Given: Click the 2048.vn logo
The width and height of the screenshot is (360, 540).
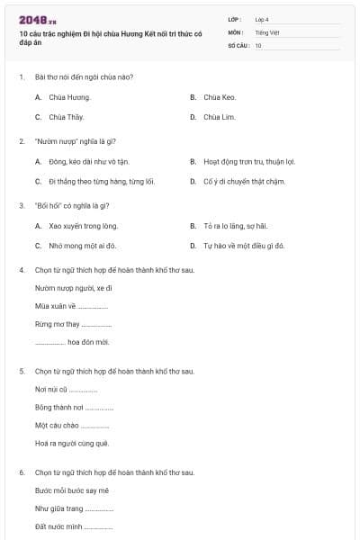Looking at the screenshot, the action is [37, 20].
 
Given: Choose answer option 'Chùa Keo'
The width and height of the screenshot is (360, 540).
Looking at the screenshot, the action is [220, 96].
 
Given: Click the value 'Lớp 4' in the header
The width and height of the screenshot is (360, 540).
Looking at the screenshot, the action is [262, 19].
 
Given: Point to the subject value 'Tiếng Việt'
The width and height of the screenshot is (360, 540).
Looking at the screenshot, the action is [267, 31].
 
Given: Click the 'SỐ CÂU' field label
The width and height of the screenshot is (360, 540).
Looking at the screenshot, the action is [238, 45].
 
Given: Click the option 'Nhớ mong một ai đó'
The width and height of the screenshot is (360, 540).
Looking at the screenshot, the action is [83, 245].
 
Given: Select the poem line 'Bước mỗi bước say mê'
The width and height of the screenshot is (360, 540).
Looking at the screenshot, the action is [72, 490].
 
